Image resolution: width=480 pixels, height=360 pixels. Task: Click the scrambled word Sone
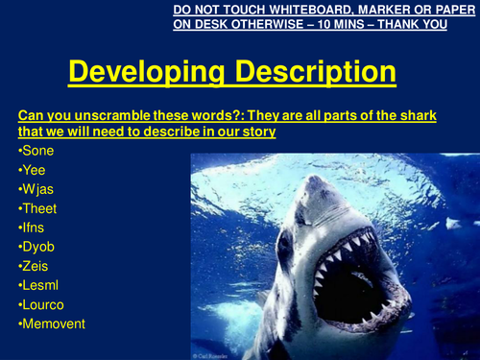pyautogui.click(x=39, y=152)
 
